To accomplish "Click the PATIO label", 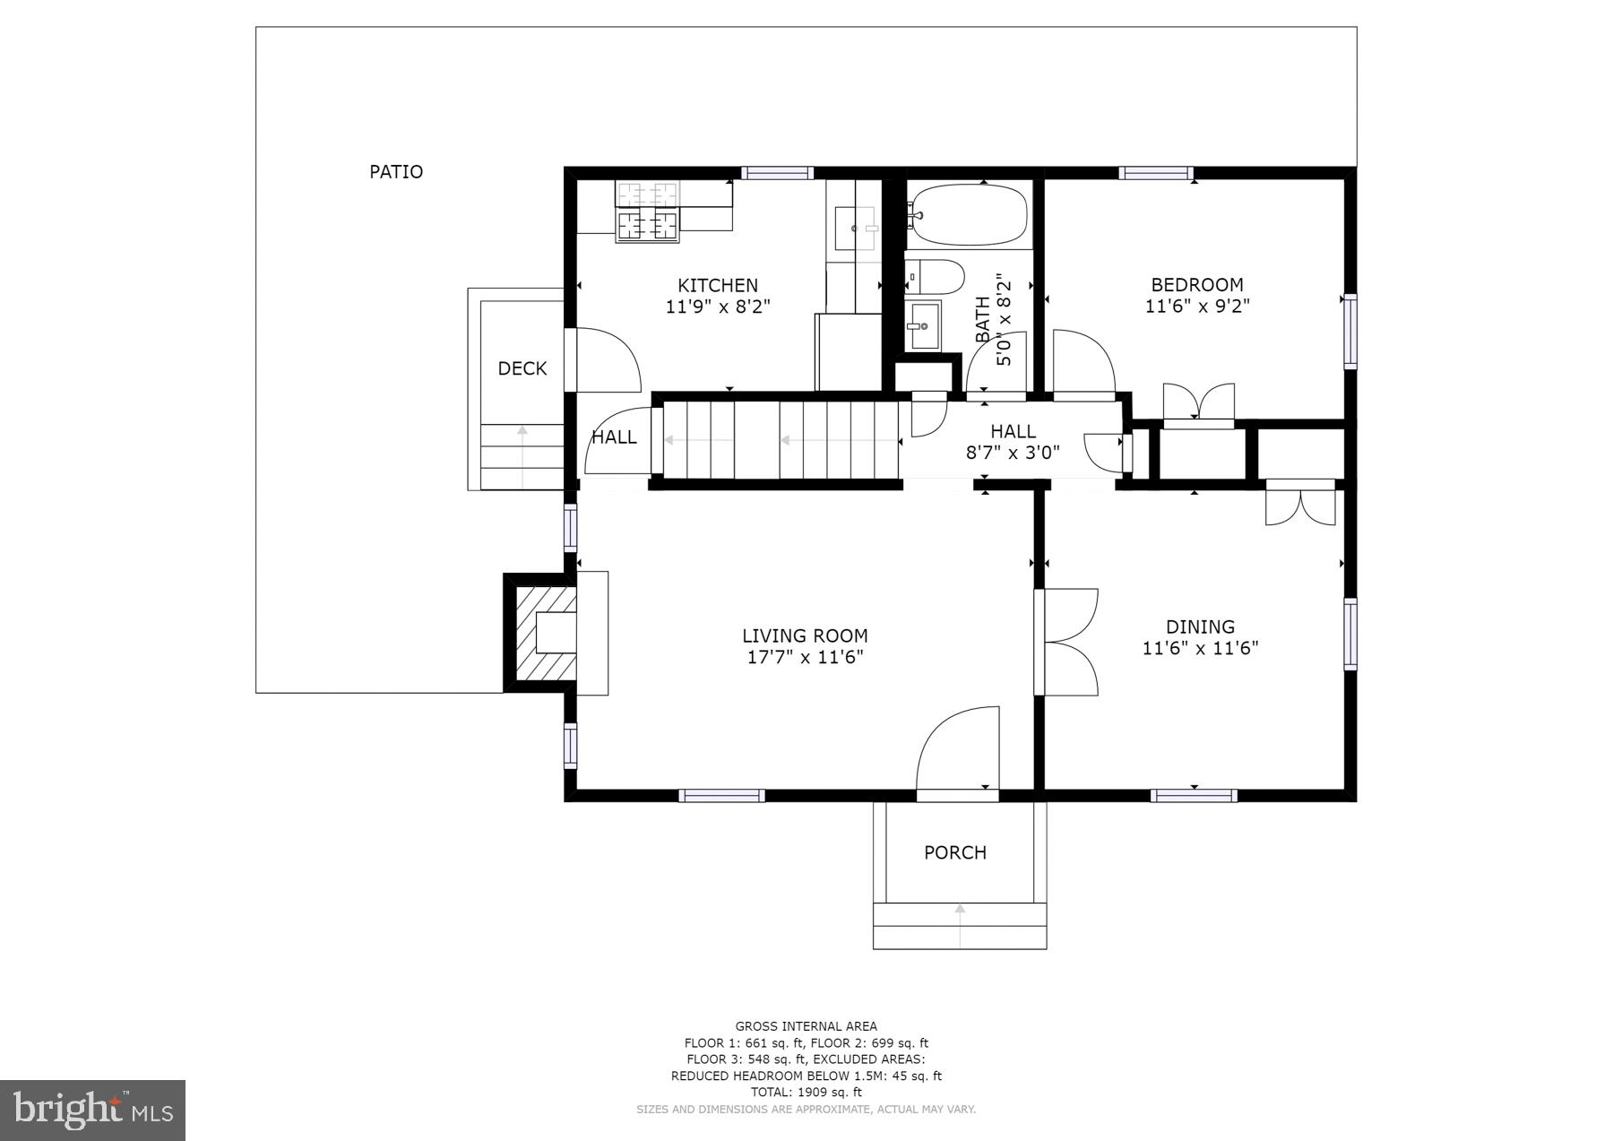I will [x=396, y=171].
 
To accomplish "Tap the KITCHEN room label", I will [x=718, y=285].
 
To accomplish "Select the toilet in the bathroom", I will [x=934, y=276].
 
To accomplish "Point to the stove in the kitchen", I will [x=647, y=212].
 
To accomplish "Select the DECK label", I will [x=522, y=368].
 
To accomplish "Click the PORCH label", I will [x=955, y=852].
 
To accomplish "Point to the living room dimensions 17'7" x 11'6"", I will [x=805, y=657].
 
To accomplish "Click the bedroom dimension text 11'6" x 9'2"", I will [x=1197, y=306].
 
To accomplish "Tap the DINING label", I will [x=1200, y=627].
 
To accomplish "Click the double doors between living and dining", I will [x=1068, y=642].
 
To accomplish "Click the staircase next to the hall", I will [x=780, y=440].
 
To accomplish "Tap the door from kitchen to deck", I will [x=605, y=360].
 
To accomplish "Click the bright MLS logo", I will [x=93, y=1110].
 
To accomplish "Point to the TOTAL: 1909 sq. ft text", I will [x=806, y=1092].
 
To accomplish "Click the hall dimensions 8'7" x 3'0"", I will [x=1013, y=453].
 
